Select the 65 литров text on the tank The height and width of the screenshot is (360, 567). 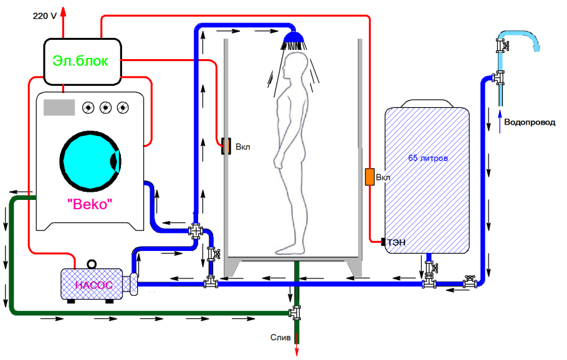[x=428, y=158]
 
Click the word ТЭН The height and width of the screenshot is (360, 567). [x=397, y=243]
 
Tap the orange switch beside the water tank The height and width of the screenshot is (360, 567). [x=369, y=177]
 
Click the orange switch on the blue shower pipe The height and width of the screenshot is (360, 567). [x=226, y=146]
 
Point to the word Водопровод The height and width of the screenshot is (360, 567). [x=529, y=123]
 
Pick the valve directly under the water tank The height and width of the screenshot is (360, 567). [x=429, y=268]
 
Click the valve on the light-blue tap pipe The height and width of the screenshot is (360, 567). [x=500, y=45]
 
